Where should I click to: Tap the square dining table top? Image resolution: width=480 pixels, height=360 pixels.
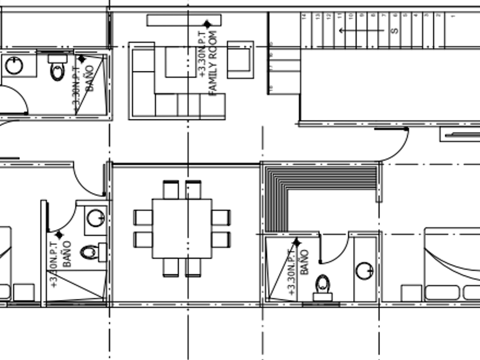point(182,229)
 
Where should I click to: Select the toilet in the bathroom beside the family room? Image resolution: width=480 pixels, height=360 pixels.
point(58,68)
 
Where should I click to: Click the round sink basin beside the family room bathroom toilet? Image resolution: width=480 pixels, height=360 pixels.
point(14,66)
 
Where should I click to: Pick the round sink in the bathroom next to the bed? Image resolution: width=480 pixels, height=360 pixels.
point(364,270)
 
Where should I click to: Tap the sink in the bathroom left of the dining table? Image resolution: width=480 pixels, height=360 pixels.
point(95,218)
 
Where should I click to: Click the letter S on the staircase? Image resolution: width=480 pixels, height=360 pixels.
point(395,30)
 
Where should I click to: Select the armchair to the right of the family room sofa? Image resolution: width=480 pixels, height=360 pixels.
point(240,59)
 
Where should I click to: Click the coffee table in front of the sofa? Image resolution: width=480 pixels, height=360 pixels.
point(181,62)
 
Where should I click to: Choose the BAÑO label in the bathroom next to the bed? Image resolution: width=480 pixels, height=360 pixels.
point(303,262)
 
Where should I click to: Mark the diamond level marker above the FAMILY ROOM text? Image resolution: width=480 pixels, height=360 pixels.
point(207,24)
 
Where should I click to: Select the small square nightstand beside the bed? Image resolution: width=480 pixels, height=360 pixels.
point(411,293)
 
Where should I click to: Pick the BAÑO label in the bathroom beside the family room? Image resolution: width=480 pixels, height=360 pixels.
point(89,79)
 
